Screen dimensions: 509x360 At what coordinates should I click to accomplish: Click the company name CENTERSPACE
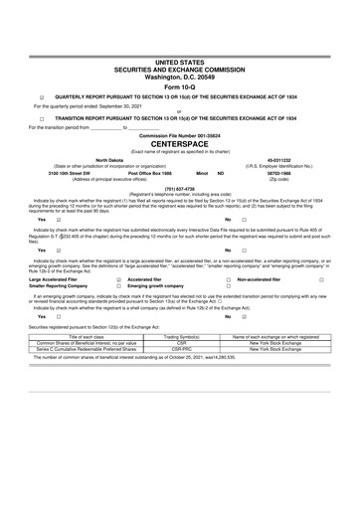(x=179, y=143)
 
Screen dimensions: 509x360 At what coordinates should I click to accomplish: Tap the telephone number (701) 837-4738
(x=179, y=187)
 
